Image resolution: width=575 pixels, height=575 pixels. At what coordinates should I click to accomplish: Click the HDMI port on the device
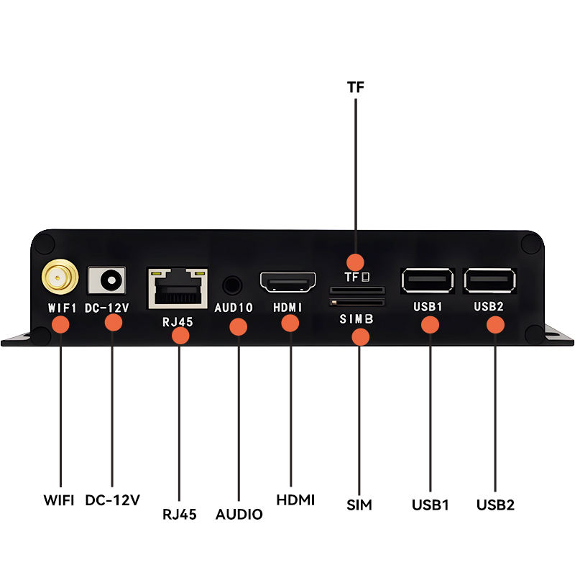click(288, 282)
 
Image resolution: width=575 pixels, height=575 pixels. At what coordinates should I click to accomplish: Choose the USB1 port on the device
click(428, 280)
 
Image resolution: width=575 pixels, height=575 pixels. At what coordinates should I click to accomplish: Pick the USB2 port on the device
click(490, 280)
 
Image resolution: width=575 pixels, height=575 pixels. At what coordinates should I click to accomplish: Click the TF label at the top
click(355, 88)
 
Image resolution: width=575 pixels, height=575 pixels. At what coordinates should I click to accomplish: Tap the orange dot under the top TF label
click(355, 262)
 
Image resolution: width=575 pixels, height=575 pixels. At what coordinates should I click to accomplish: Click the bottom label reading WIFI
click(59, 500)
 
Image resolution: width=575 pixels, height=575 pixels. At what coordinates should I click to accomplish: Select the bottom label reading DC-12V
click(112, 500)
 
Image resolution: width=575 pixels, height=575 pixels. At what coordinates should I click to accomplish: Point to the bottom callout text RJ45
click(180, 514)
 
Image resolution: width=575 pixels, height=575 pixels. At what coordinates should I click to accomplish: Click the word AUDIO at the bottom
click(239, 515)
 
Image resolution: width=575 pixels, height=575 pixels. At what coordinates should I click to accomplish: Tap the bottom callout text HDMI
click(295, 500)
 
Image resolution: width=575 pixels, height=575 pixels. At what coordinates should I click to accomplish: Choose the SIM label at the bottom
click(359, 505)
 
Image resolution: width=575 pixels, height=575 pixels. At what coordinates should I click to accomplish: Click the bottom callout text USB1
click(431, 505)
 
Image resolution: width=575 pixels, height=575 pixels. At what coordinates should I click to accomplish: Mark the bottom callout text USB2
click(495, 505)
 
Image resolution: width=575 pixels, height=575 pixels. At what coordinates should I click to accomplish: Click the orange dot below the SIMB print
click(359, 335)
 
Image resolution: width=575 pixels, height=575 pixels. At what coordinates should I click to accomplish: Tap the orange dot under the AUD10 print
click(238, 327)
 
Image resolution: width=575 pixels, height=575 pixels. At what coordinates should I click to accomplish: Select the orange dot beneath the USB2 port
click(494, 324)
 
